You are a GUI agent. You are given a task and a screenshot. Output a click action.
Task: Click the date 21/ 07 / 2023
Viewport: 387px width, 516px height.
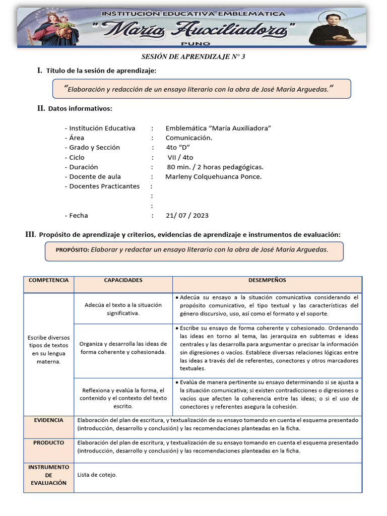186,216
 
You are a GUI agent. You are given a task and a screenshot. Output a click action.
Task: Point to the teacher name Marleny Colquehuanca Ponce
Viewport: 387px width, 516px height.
213,177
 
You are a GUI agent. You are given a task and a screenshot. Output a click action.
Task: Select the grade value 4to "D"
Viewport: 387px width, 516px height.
177,148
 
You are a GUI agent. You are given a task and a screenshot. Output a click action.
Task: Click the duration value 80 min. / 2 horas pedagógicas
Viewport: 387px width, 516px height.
215,167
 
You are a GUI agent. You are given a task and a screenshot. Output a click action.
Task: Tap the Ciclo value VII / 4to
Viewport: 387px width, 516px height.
180,157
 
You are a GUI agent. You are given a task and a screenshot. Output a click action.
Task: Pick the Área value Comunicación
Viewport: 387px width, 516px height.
188,138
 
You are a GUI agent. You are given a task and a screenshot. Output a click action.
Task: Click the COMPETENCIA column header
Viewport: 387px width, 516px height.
48,280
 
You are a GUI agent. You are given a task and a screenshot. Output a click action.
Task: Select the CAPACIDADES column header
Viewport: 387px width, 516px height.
123,280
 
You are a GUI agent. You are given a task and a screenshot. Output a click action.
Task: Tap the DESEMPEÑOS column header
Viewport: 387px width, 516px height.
267,280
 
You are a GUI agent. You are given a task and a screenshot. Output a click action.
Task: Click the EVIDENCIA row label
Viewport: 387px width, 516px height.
48,420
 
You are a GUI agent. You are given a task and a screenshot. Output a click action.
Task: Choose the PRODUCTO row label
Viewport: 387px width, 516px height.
48,443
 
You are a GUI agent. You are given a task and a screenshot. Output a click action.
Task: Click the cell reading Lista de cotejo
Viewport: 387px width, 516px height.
97,475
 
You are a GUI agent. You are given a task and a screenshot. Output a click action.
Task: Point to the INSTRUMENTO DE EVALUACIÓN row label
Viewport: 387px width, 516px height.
48,475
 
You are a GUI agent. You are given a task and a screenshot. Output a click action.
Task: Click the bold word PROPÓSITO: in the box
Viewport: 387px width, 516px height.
72,249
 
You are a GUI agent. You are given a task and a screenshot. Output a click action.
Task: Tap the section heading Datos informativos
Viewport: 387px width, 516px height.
80,108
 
